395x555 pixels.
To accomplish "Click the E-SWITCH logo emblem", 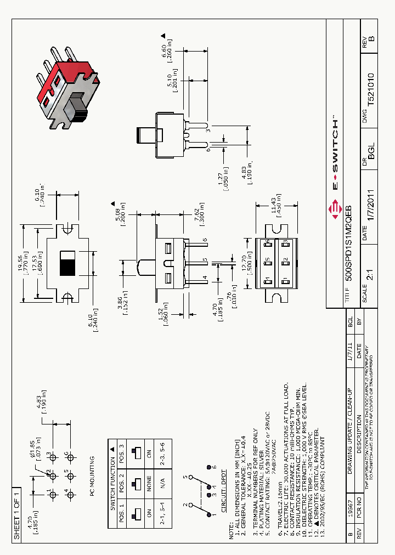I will click(x=334, y=208).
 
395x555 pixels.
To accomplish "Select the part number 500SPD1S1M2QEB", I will click(x=348, y=242).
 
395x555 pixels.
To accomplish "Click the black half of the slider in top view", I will click(x=67, y=267).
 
